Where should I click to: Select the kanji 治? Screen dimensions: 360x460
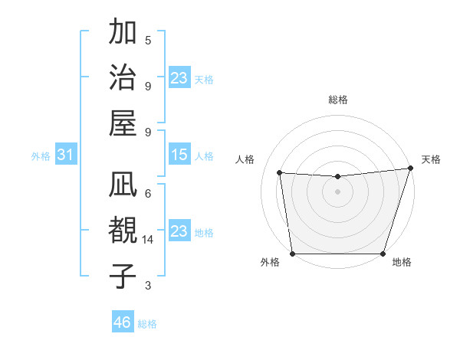pos(123,77)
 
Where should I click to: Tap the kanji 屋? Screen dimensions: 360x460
pos(123,123)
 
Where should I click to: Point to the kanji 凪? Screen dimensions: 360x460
pos(123,185)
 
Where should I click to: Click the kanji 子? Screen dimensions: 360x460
pos(123,276)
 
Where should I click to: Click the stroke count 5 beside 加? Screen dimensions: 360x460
pos(148,41)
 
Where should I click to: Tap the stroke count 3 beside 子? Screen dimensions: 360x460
pos(148,286)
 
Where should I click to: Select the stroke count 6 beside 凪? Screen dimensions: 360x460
pos(148,194)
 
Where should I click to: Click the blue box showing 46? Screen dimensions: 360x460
pos(122,322)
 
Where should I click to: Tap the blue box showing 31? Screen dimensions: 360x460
pos(65,155)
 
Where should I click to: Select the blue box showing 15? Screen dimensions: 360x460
pos(179,155)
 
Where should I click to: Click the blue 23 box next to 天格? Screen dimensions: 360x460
pos(179,77)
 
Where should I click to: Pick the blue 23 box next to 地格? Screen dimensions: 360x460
pos(179,231)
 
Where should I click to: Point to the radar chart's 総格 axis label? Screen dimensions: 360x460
pos(337,100)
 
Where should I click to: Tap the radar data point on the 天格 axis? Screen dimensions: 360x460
pos(409,169)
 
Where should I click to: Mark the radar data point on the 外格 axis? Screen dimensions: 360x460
pos(292,254)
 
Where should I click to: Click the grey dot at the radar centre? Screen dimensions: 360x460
pos(337,191)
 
